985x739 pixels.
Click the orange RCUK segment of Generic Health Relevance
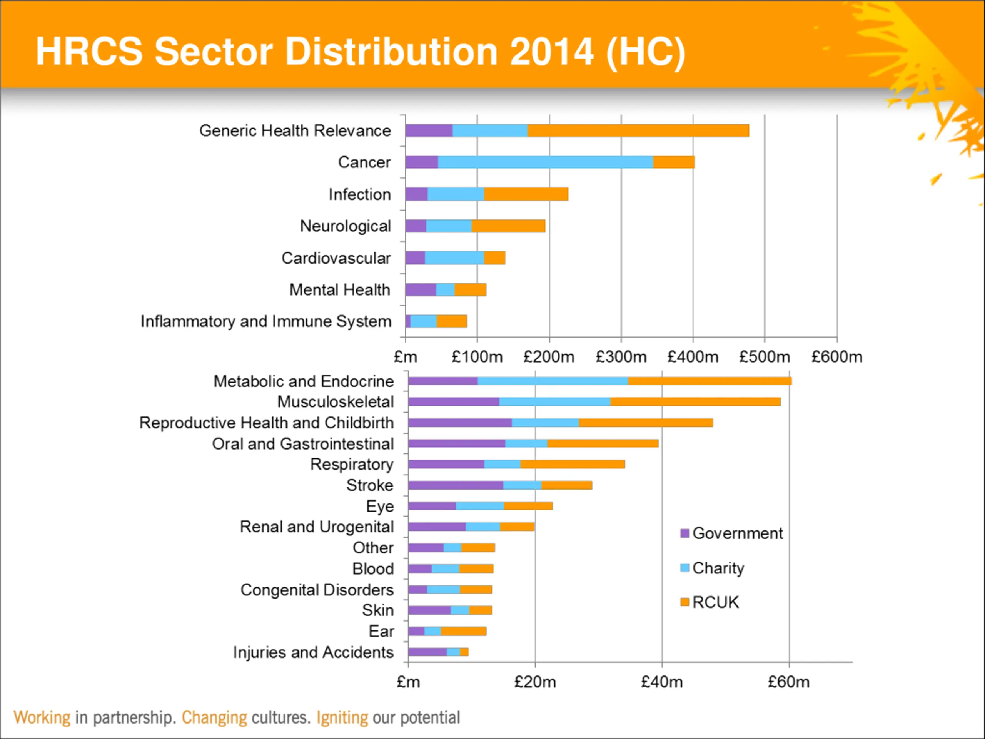(x=638, y=130)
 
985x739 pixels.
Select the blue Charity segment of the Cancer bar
(x=545, y=162)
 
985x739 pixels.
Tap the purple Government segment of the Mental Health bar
(x=421, y=289)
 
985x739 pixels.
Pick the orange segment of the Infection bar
(x=526, y=194)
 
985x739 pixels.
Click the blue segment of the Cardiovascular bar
(x=454, y=258)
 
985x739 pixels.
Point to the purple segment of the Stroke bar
(x=455, y=485)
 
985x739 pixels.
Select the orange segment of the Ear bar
(x=463, y=631)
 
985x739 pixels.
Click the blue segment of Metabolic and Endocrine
(x=552, y=381)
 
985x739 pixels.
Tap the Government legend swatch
(x=685, y=533)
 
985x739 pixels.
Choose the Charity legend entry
(x=718, y=568)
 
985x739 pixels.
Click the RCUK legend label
(x=715, y=602)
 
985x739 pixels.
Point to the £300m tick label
(x=621, y=357)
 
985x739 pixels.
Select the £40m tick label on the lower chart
(x=662, y=682)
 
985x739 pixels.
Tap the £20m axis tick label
(x=535, y=682)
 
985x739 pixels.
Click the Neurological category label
(x=345, y=226)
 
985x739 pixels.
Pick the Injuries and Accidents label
(x=313, y=652)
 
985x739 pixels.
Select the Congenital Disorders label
(x=317, y=590)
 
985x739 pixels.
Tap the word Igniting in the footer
(x=342, y=717)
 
